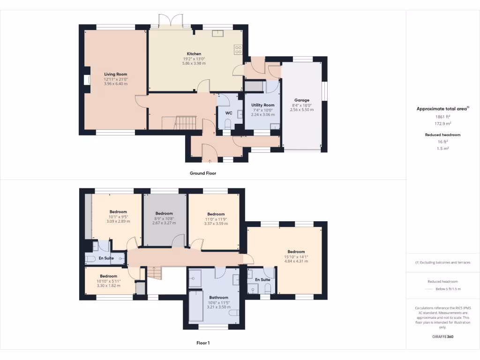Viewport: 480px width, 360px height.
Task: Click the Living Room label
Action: pyautogui.click(x=115, y=74)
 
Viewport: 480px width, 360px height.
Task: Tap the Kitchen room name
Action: pyautogui.click(x=194, y=54)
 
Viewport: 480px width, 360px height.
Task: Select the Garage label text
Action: pyautogui.click(x=301, y=100)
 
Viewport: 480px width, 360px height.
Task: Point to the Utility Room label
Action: pyautogui.click(x=262, y=105)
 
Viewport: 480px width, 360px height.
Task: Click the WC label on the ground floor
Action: pyautogui.click(x=229, y=113)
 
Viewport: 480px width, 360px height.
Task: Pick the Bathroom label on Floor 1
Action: pyautogui.click(x=218, y=297)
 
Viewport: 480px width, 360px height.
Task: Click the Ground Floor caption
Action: pyautogui.click(x=202, y=173)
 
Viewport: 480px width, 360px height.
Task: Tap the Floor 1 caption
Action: pyautogui.click(x=202, y=343)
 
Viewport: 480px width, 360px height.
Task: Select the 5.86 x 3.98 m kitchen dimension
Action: pyautogui.click(x=194, y=63)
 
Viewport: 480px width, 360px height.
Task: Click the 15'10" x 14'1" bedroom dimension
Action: pyautogui.click(x=296, y=256)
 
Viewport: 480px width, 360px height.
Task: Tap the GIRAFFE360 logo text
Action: pyautogui.click(x=442, y=337)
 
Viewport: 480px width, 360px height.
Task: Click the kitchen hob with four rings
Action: pyautogui.click(x=238, y=48)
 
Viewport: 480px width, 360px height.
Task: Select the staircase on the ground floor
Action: pyautogui.click(x=185, y=123)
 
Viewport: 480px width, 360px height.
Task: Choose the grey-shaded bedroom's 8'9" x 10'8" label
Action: pyautogui.click(x=165, y=218)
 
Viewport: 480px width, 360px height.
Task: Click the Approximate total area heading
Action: pyautogui.click(x=442, y=109)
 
